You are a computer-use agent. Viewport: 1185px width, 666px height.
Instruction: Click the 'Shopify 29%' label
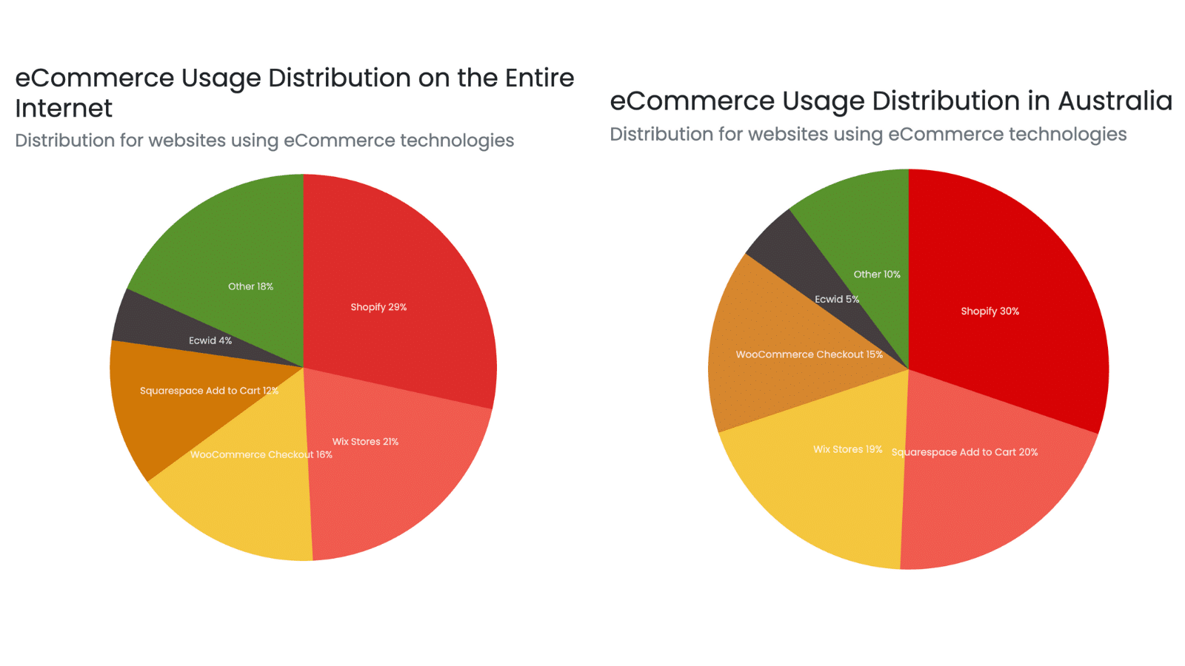coord(378,307)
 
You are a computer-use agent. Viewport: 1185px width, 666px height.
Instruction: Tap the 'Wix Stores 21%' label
coord(365,442)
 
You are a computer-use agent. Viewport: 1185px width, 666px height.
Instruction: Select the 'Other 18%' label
coord(250,286)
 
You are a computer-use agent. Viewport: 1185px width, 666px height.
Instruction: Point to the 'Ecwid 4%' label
coord(210,340)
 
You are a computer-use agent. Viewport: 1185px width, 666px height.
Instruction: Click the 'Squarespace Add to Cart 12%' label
coord(209,391)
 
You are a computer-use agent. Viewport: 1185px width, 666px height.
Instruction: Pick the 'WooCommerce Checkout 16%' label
coord(261,454)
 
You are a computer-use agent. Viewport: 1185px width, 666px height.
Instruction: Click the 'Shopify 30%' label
coord(989,312)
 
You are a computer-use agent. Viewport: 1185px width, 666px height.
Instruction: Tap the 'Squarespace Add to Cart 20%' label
coord(964,452)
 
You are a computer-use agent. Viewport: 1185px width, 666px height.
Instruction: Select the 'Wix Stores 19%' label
coord(847,449)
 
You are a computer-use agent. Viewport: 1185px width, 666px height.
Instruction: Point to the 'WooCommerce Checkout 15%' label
coord(809,354)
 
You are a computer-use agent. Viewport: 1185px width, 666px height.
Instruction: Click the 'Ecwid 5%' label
coord(837,299)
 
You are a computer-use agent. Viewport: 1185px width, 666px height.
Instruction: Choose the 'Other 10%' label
coord(877,275)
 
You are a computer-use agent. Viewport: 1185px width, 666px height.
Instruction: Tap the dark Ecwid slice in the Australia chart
coord(785,248)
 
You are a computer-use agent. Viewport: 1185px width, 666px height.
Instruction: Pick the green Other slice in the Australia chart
coord(867,222)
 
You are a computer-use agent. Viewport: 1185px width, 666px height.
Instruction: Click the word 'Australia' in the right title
coord(1115,101)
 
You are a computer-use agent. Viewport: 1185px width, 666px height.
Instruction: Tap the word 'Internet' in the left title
coord(64,109)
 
